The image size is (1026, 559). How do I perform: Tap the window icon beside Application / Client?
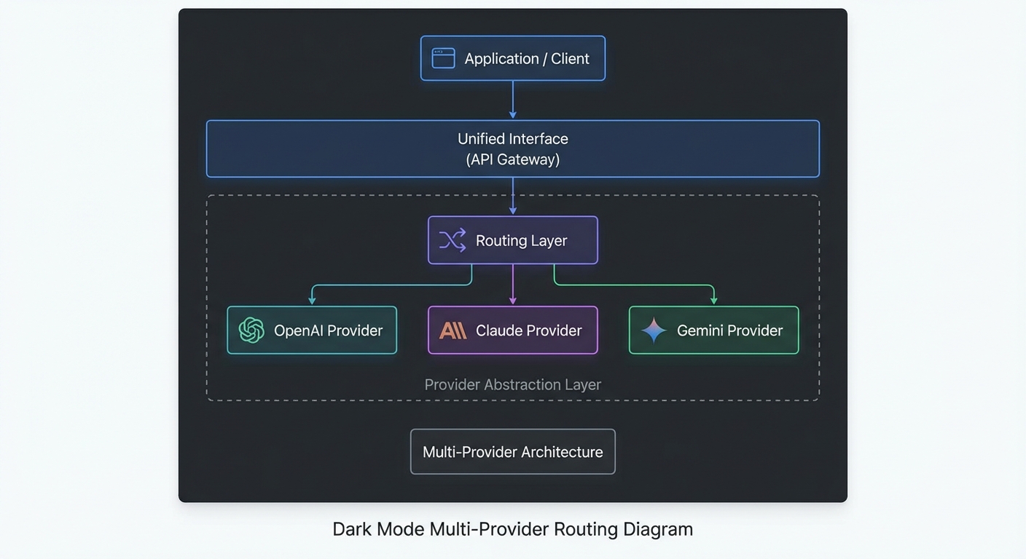(443, 58)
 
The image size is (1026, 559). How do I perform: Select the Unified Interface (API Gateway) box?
(512, 148)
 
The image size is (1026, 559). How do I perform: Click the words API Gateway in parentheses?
(512, 159)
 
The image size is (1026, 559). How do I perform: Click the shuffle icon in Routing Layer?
(452, 240)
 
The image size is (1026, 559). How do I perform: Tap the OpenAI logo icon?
(251, 330)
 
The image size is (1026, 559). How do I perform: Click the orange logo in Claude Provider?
(453, 331)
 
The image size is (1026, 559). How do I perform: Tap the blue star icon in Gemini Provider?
(654, 330)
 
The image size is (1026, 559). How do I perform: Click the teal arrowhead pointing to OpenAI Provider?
(312, 300)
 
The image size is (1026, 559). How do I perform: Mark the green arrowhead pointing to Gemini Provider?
(713, 300)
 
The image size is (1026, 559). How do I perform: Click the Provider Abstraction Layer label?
(512, 384)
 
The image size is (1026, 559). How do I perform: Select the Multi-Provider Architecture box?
(512, 452)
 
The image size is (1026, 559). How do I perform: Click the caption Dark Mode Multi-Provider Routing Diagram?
(512, 528)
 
